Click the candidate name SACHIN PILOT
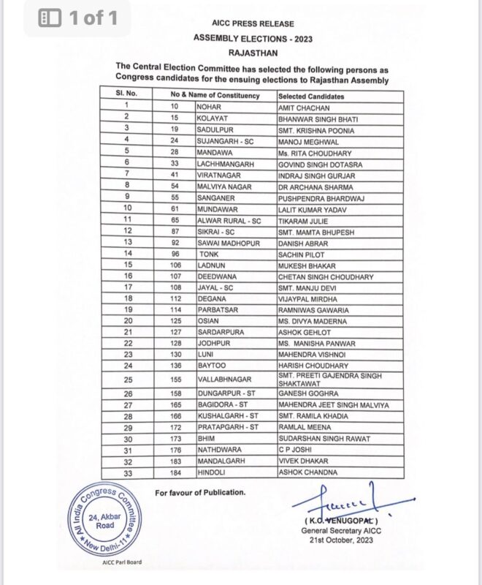pyautogui.click(x=299, y=253)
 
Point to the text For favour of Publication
pyautogui.click(x=199, y=494)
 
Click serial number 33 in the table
pyautogui.click(x=126, y=472)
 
